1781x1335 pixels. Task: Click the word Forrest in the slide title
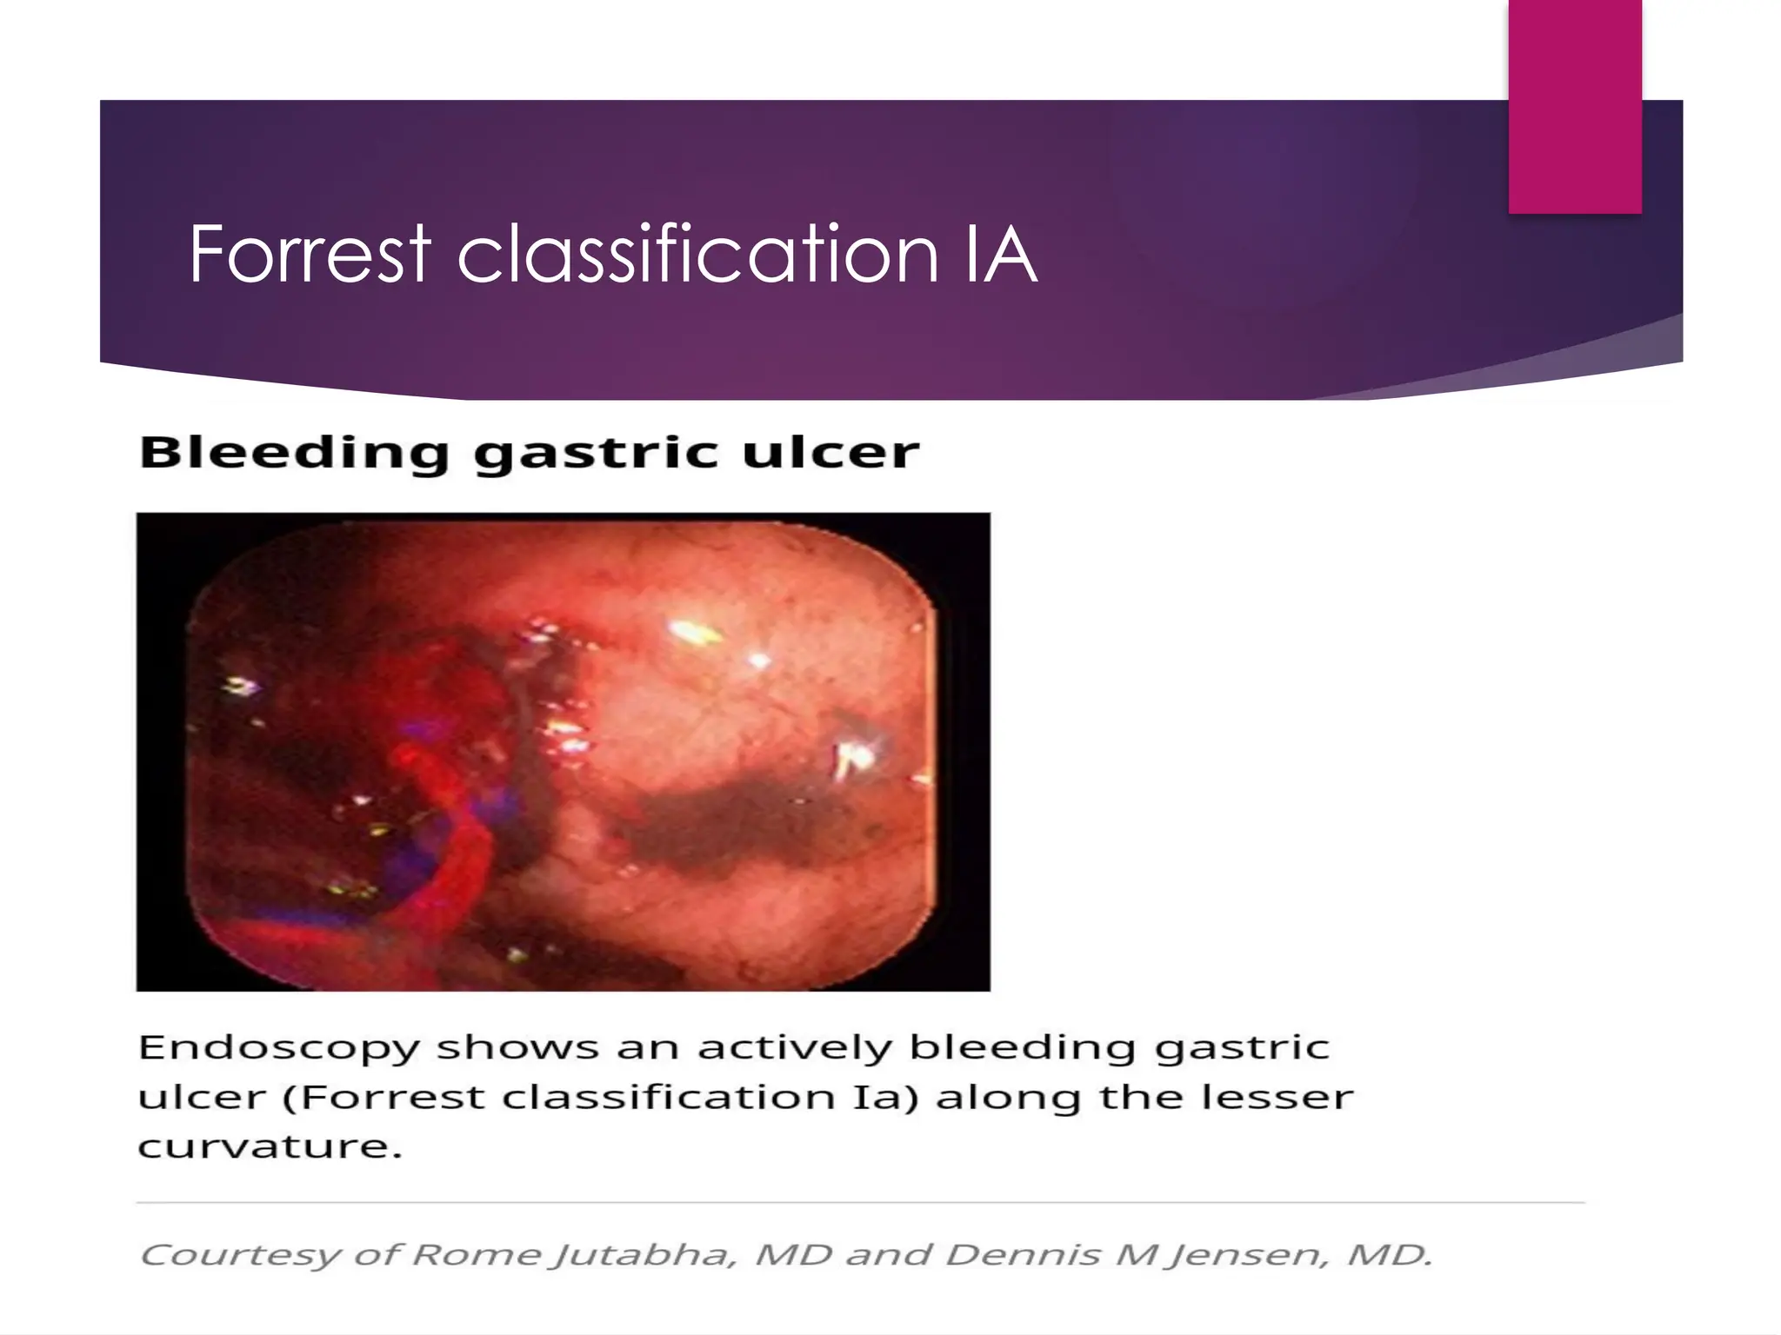(x=310, y=254)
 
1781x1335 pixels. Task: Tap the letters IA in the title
(x=1000, y=254)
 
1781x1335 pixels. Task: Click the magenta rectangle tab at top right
(x=1575, y=106)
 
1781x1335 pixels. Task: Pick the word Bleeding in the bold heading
(x=294, y=453)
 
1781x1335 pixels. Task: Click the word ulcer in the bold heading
(x=830, y=453)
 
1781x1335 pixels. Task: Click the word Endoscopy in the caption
(x=279, y=1048)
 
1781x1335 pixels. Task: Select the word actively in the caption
(x=795, y=1048)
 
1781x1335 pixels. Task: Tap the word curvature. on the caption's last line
(x=270, y=1146)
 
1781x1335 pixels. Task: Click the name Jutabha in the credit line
(x=644, y=1255)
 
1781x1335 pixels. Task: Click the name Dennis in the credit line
(x=1023, y=1255)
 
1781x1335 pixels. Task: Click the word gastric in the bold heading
(x=597, y=453)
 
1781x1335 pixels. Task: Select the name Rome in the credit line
(x=476, y=1255)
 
